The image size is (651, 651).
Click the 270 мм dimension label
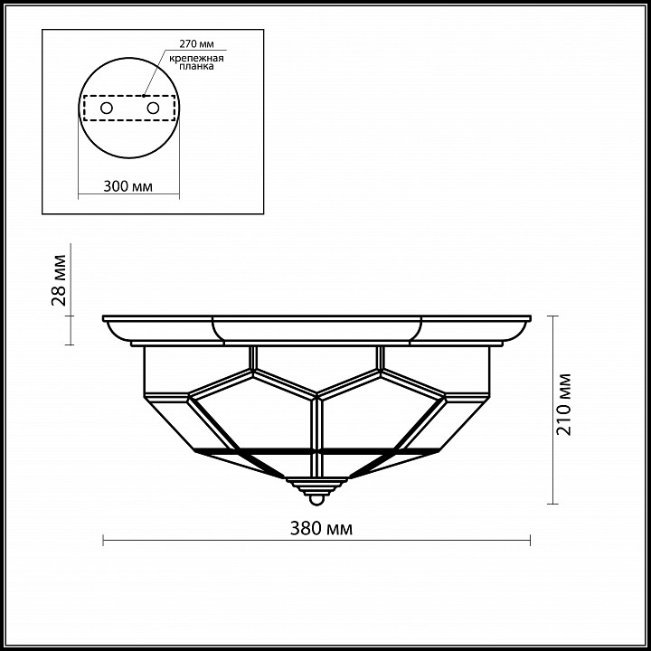tap(196, 43)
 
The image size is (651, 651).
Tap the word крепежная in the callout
tap(196, 58)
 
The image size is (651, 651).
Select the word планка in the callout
tap(196, 66)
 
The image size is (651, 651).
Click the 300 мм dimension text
tap(127, 186)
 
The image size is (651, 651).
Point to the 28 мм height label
tap(59, 279)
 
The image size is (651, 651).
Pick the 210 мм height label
tap(563, 404)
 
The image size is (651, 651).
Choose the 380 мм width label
tap(321, 529)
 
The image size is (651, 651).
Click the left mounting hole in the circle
tap(107, 108)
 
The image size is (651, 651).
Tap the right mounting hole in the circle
tap(153, 108)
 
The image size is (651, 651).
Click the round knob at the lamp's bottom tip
tap(316, 501)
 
